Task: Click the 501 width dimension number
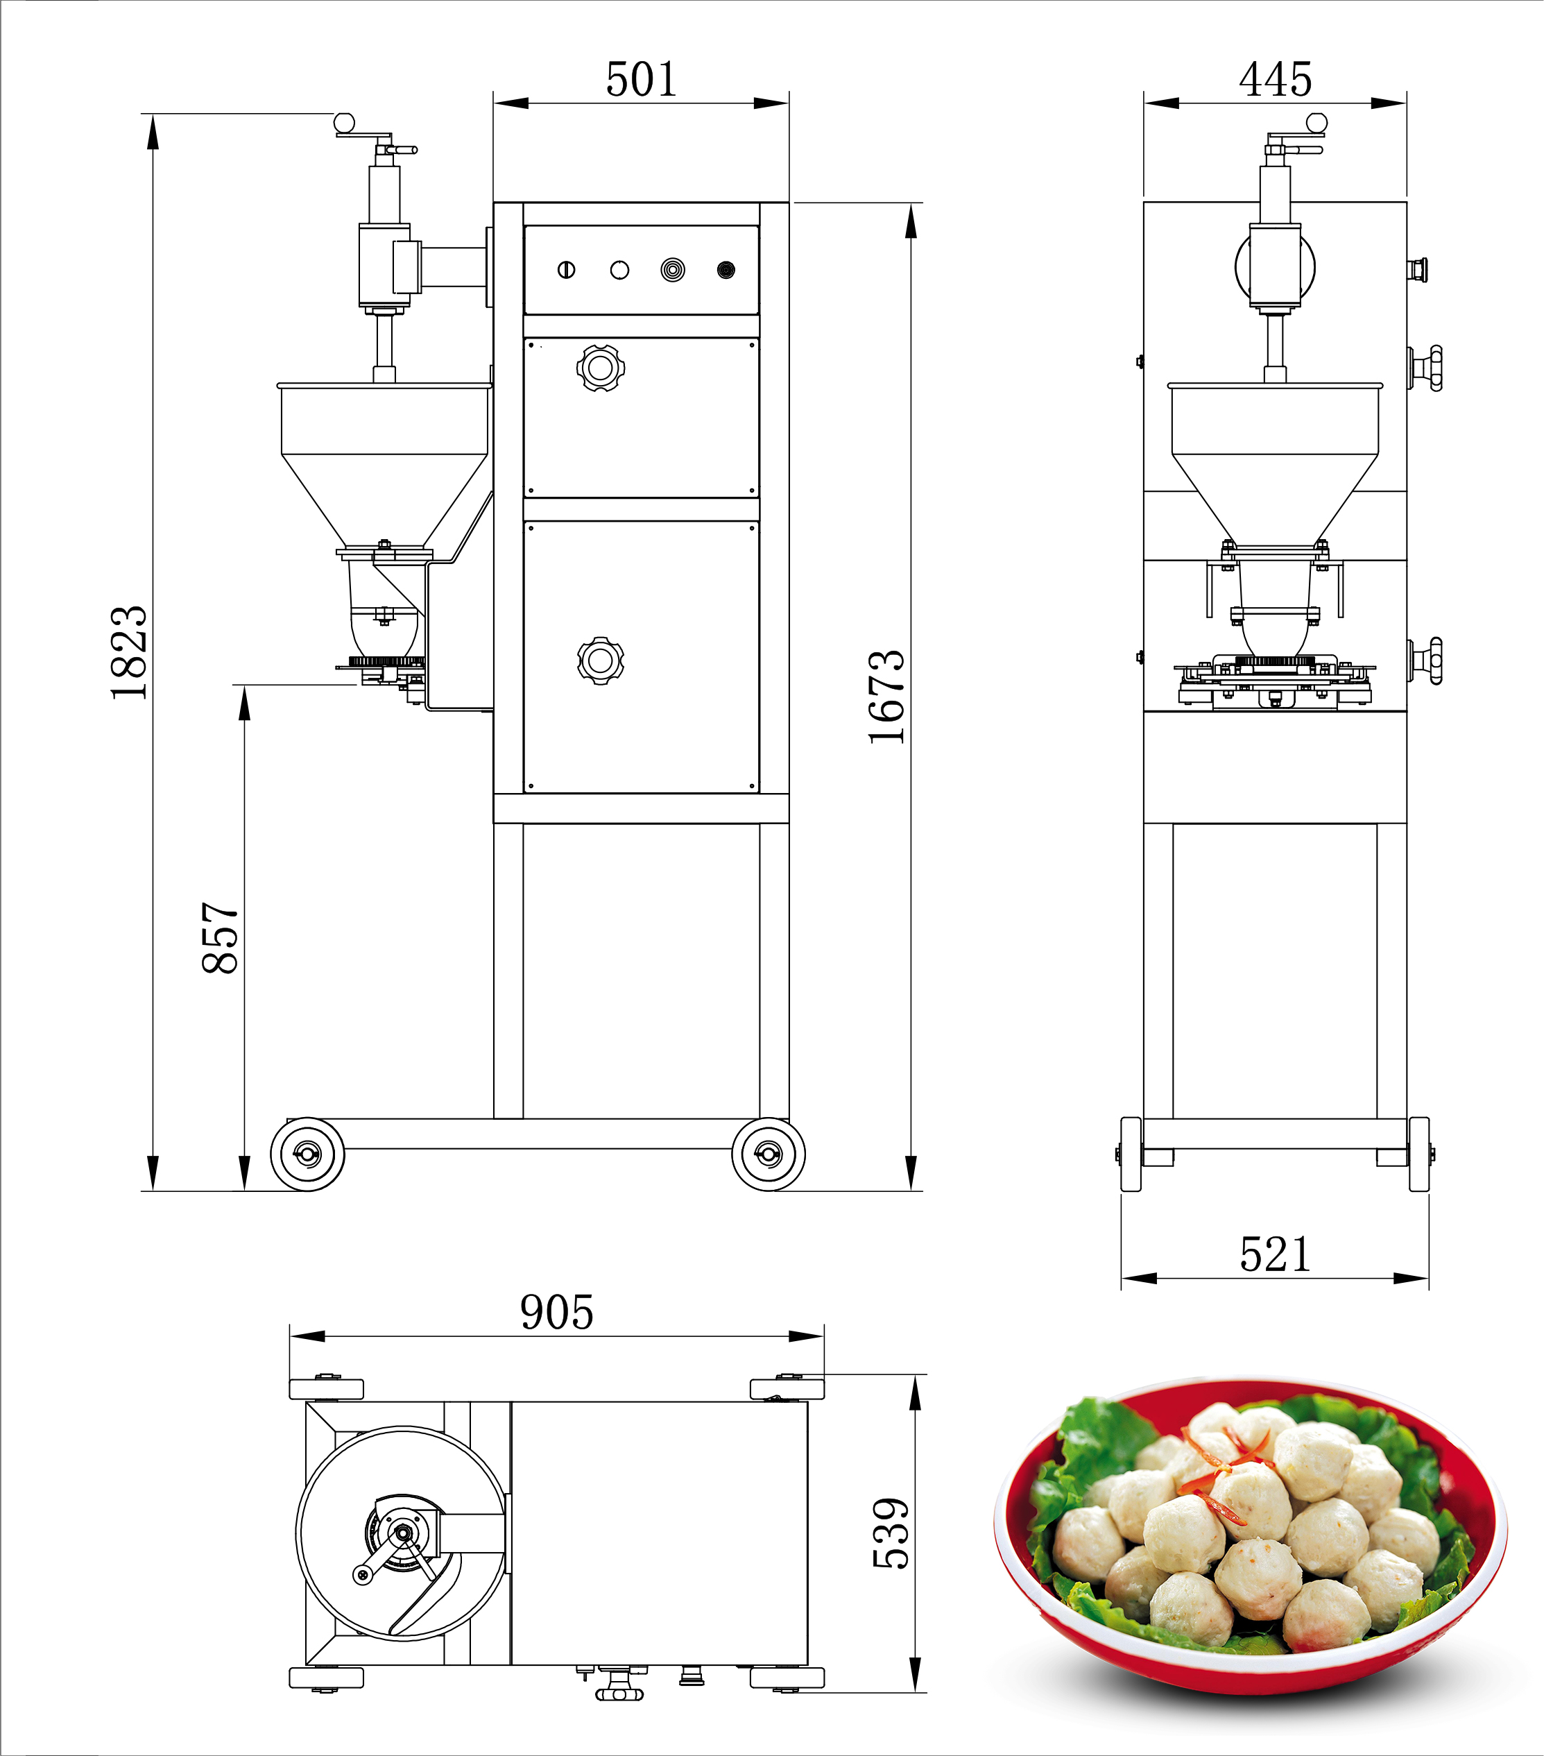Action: [642, 80]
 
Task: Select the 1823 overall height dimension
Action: [129, 653]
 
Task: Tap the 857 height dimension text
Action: [220, 937]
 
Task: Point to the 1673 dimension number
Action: [886, 697]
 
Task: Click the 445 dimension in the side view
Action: [1275, 80]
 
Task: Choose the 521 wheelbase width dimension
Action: [1275, 1255]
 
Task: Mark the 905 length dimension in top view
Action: [556, 1313]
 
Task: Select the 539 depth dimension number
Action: [891, 1533]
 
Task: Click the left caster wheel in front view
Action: [307, 1154]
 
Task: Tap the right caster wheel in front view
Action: [769, 1154]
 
